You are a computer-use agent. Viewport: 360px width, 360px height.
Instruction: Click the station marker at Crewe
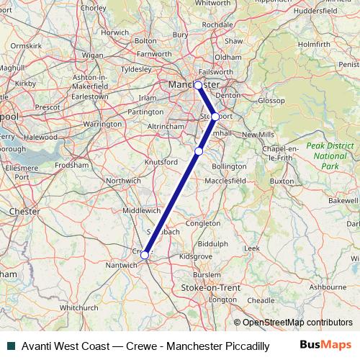pos(145,255)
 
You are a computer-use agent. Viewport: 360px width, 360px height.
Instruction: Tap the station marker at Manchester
pos(198,85)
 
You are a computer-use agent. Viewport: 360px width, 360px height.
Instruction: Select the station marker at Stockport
pos(215,117)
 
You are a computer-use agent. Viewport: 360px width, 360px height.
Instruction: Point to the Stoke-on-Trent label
pos(210,288)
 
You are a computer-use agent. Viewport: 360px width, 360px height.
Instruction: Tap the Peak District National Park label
pos(330,156)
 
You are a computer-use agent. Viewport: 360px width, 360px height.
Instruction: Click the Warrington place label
pos(102,124)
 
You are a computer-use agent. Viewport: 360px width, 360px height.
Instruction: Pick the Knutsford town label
pos(161,162)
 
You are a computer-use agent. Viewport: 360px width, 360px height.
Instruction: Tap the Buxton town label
pos(282,181)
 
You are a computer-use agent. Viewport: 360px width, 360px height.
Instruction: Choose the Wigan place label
pos(93,54)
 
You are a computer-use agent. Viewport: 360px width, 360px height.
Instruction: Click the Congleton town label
pos(203,223)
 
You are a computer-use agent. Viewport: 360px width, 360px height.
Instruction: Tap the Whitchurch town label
pos(79,307)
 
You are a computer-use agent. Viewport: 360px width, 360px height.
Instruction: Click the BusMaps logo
pos(326,345)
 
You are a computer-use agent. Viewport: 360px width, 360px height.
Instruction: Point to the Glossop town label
pos(271,101)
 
